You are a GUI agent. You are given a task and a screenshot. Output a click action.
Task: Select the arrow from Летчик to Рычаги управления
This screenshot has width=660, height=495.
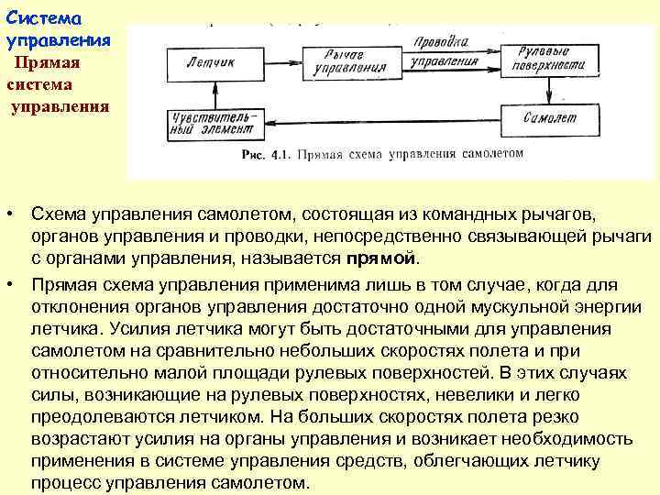click(280, 63)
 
